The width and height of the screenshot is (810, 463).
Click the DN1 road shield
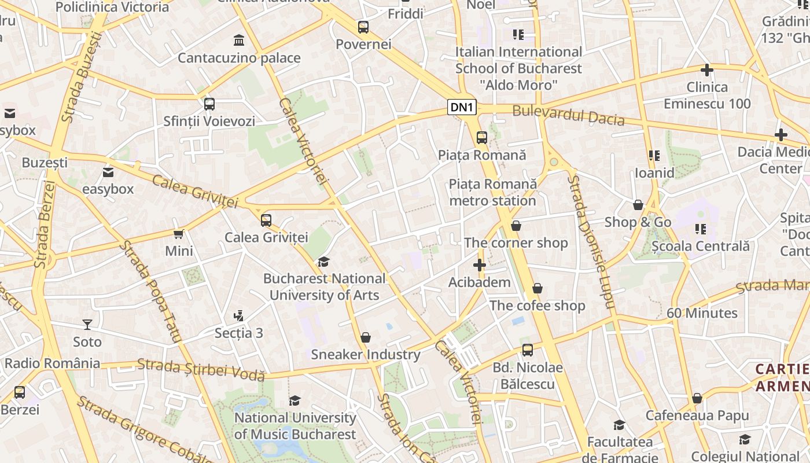pos(462,107)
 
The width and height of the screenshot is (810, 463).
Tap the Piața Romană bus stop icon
pos(482,138)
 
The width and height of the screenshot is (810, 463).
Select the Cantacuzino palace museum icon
pos(238,41)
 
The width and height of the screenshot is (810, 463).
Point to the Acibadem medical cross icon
pos(479,266)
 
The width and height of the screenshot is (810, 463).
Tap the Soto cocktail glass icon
pos(87,325)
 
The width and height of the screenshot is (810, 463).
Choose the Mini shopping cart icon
pos(179,234)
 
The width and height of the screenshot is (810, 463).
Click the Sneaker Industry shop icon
pos(366,337)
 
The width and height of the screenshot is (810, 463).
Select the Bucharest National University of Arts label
pos(324,287)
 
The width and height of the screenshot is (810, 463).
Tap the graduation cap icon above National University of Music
pos(295,400)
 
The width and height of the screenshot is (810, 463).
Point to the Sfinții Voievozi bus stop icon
pos(209,104)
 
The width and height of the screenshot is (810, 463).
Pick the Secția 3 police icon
pos(238,316)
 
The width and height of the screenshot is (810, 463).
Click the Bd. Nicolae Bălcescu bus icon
pos(528,350)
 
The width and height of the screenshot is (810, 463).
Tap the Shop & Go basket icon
pos(638,205)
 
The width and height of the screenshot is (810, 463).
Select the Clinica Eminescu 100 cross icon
pos(706,70)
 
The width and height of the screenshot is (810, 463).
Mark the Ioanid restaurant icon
pos(654,156)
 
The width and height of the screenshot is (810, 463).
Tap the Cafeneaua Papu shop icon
pos(697,398)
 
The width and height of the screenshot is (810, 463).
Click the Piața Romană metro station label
pos(493,193)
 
